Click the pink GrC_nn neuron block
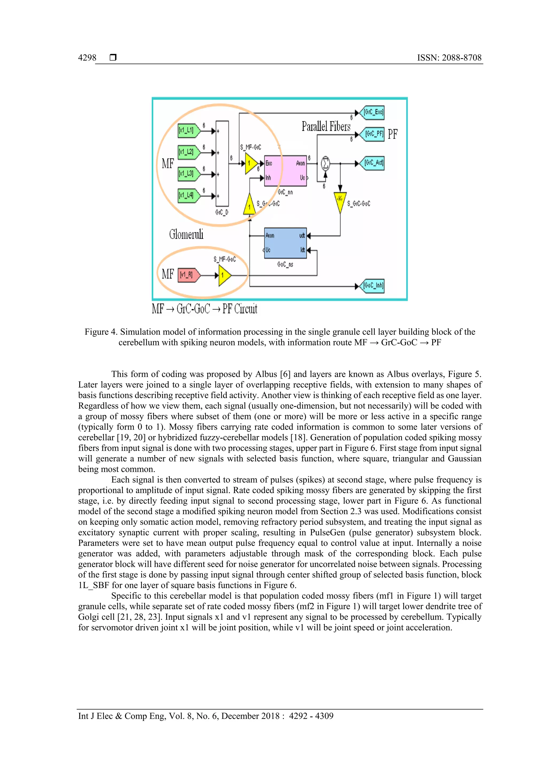[285, 171]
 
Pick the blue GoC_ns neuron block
[285, 243]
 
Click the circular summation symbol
[325, 163]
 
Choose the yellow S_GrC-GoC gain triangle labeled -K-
[340, 201]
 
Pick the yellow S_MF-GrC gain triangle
[251, 164]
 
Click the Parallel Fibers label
[326, 127]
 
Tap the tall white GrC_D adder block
[222, 164]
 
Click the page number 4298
[87, 58]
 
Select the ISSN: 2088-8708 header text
[449, 58]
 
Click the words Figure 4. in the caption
[101, 332]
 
